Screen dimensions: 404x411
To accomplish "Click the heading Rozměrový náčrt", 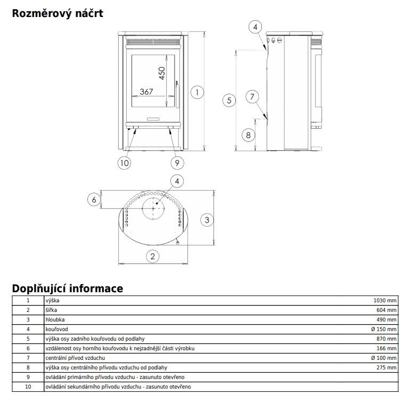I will coord(57,14).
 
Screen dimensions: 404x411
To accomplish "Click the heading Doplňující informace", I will coord(68,288).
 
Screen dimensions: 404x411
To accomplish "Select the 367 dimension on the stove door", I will coord(146,92).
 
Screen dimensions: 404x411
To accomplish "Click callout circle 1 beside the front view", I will coord(197,92).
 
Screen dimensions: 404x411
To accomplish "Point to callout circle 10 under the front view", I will coord(124,162).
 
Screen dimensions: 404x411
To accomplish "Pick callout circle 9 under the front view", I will coord(176,162).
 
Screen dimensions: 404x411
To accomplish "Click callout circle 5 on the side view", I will coord(229,100).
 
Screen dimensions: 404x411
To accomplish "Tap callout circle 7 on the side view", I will coord(252,96).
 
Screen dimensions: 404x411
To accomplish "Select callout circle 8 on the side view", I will coord(248,135).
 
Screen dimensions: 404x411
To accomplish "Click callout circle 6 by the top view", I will coord(94,200).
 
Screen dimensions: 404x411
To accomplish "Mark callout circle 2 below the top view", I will coord(153,256).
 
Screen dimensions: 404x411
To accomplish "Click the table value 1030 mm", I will coord(385,301).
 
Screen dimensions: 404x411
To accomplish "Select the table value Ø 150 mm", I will coord(384,329).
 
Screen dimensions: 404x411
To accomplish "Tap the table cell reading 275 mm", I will coord(387,367).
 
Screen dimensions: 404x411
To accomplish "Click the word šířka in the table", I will coord(52,310).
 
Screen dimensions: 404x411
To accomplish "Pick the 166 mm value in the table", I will coord(387,348).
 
